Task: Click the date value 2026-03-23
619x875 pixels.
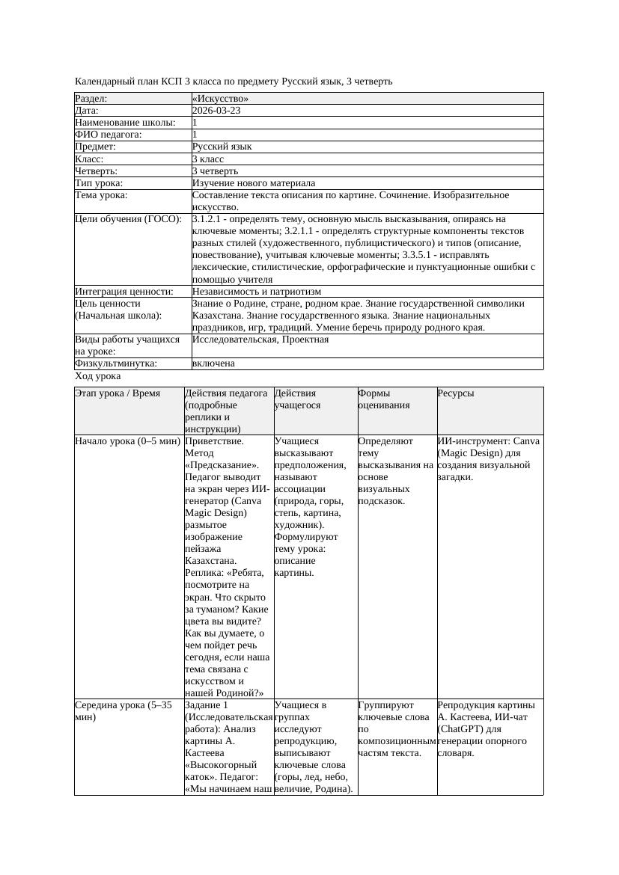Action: [x=216, y=111]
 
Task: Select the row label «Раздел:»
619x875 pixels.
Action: [x=91, y=99]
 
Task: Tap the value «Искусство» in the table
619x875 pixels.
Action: [x=220, y=99]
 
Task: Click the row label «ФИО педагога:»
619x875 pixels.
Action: [x=109, y=135]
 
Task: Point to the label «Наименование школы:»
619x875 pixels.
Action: [x=126, y=123]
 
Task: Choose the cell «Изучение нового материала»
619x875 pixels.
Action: [x=254, y=183]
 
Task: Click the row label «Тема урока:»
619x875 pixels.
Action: [x=102, y=195]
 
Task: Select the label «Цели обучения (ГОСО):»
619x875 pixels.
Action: [x=129, y=219]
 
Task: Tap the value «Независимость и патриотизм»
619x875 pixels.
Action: [x=257, y=292]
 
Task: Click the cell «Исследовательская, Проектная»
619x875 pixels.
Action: [x=260, y=340]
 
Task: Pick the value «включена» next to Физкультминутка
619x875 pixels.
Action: [x=213, y=363]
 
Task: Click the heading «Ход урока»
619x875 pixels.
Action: [x=98, y=377]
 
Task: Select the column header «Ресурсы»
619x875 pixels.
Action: [x=456, y=393]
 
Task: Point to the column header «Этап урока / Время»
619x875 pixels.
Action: [x=118, y=393]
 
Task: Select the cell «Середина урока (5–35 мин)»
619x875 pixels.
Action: [x=124, y=711]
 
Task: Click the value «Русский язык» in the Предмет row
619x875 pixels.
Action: [x=222, y=147]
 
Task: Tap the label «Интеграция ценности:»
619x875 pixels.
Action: [x=124, y=292]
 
